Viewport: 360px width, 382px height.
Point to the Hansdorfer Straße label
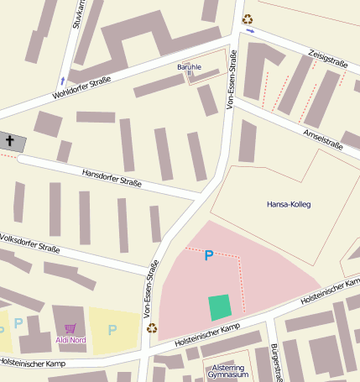[112, 178]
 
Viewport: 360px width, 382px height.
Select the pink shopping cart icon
[70, 328]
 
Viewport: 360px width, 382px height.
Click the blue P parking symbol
[209, 255]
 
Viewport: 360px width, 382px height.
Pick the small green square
[220, 307]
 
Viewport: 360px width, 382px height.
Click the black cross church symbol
[10, 142]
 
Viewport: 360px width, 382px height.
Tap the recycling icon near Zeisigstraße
[247, 18]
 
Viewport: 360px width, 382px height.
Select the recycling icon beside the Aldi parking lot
[152, 328]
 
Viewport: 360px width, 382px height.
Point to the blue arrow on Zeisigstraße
[251, 31]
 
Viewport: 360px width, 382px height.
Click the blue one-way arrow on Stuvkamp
[61, 81]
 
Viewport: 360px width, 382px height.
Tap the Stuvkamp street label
[76, 15]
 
